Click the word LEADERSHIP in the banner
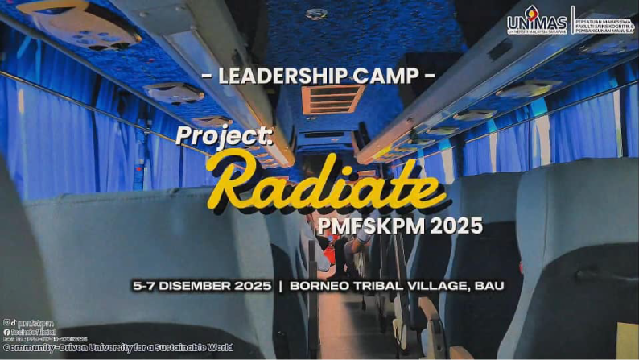point(272,77)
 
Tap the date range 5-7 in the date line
point(147,286)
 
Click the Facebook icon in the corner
point(6,331)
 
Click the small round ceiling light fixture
point(316,14)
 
